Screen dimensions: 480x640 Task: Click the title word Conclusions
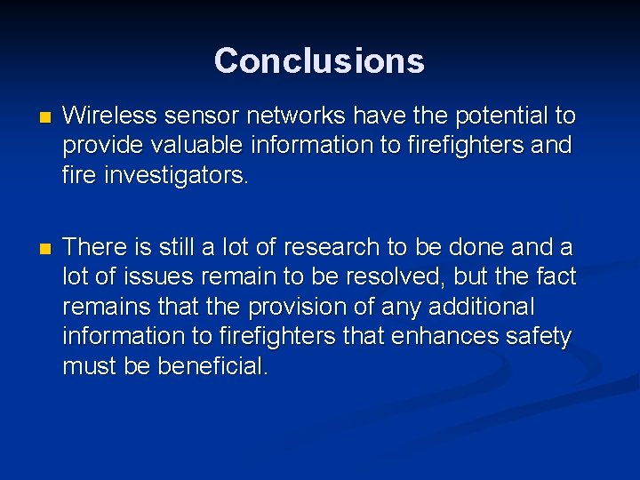coord(319,60)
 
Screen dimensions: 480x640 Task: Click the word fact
coord(555,276)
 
